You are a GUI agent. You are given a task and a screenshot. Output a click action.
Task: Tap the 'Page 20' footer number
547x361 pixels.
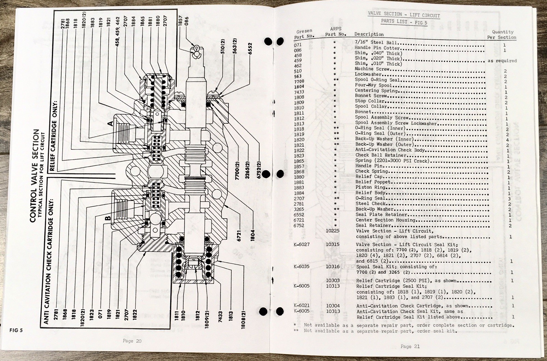[132, 341]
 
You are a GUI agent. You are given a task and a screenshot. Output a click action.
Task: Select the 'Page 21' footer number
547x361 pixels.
[410, 346]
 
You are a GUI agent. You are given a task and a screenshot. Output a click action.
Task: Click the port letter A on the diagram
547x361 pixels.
[110, 123]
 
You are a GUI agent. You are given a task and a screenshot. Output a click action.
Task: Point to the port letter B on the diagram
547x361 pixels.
[108, 218]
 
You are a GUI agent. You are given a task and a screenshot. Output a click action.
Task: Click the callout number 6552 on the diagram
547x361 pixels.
[250, 49]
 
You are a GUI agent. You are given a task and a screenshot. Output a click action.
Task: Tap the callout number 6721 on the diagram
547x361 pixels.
[239, 236]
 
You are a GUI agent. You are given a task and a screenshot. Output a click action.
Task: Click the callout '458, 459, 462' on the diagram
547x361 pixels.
[118, 31]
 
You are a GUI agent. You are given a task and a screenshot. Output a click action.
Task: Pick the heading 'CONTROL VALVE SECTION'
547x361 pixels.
[34, 175]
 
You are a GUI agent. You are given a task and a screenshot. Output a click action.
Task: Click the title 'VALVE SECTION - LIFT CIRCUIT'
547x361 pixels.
[404, 15]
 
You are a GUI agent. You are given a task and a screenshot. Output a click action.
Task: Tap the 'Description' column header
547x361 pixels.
[369, 34]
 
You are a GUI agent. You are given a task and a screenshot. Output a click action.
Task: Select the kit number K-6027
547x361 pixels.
[302, 244]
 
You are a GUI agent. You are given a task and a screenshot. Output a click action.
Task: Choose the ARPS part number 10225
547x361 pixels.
[333, 231]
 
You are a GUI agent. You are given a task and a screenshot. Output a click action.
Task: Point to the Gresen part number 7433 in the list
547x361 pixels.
[299, 92]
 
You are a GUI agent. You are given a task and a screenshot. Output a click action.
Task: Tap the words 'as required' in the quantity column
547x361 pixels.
[502, 61]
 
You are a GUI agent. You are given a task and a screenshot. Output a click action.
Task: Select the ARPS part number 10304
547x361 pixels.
[333, 306]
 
